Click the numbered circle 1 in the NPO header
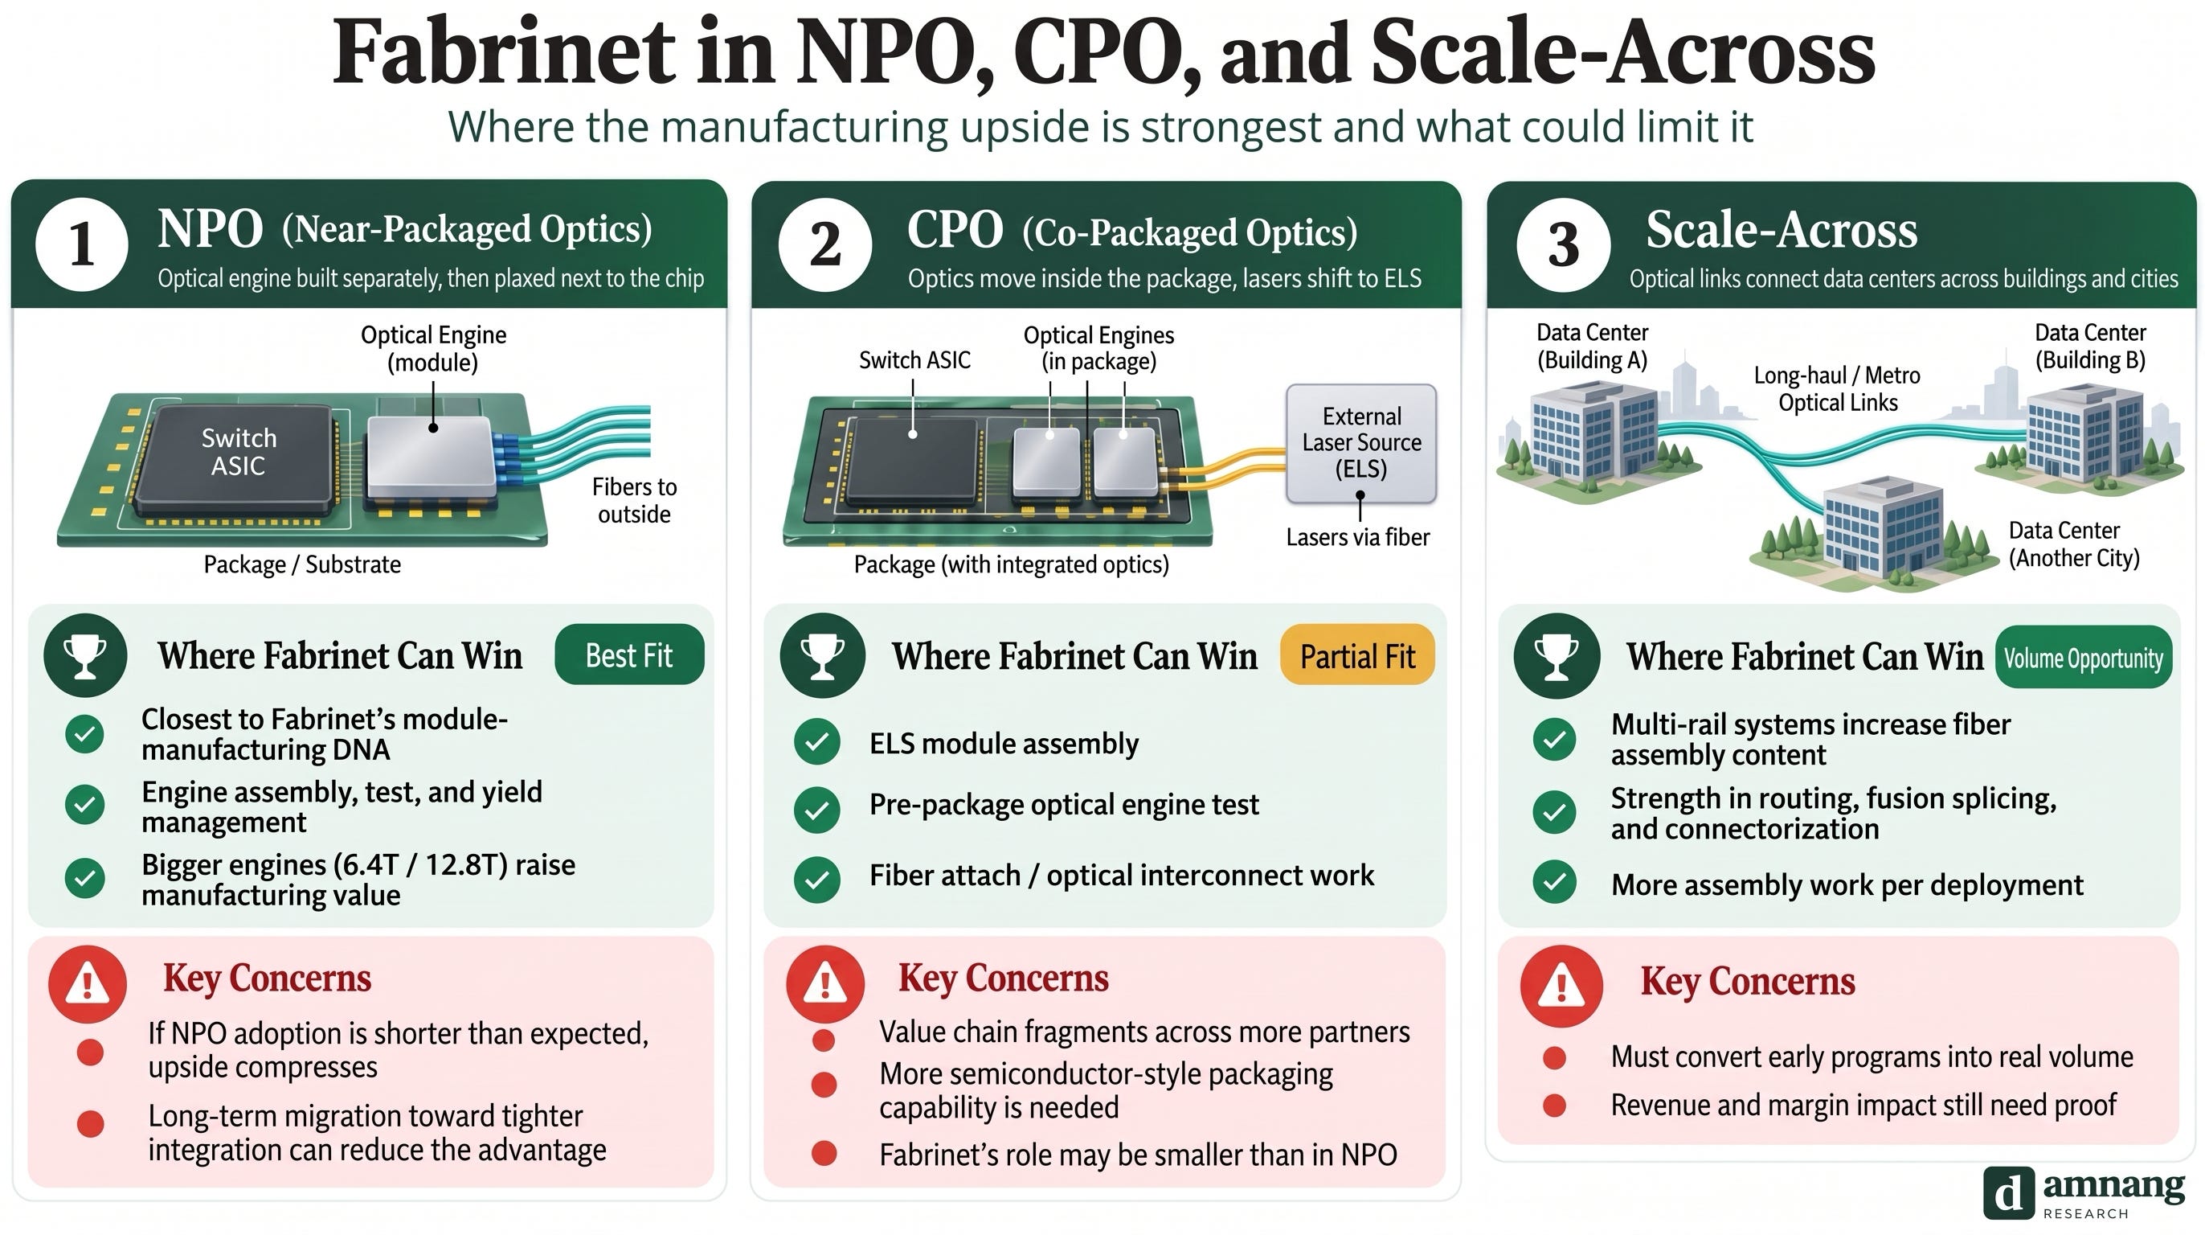tap(82, 244)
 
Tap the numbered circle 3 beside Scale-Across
tap(1563, 244)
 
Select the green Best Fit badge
tap(629, 655)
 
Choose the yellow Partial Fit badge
tap(1357, 656)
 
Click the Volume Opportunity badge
tap(2084, 658)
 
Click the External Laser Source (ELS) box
tap(1361, 443)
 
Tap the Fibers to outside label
tap(634, 500)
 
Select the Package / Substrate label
tap(302, 564)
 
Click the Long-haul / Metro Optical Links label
tap(1837, 389)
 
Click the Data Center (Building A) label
tap(1592, 346)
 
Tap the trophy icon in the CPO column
tap(822, 655)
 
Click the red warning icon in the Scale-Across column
tap(1561, 987)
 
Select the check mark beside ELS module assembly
tap(816, 741)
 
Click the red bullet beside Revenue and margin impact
tap(1554, 1106)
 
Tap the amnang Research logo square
tap(2008, 1192)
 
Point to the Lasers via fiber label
tap(1357, 537)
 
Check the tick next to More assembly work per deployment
tap(1554, 882)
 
